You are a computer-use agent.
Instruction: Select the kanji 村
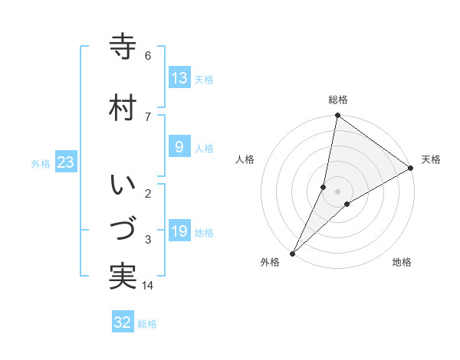pyautogui.click(x=123, y=107)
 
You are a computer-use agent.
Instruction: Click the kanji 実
pyautogui.click(x=123, y=276)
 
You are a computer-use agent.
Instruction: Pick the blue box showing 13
pyautogui.click(x=179, y=78)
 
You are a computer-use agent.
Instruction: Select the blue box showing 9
pyautogui.click(x=179, y=148)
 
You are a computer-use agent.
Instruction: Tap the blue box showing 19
pyautogui.click(x=179, y=231)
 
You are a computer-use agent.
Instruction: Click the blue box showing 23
pyautogui.click(x=65, y=162)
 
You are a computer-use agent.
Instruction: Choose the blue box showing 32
pyautogui.click(x=123, y=322)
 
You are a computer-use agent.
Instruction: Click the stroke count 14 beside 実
pyautogui.click(x=148, y=286)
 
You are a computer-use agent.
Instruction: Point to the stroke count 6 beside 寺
pyautogui.click(x=148, y=55)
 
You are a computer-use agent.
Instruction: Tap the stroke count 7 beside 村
pyautogui.click(x=148, y=116)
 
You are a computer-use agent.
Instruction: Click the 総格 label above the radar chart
pyautogui.click(x=337, y=100)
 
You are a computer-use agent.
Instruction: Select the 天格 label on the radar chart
pyautogui.click(x=431, y=159)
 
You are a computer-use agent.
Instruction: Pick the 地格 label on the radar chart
pyautogui.click(x=402, y=262)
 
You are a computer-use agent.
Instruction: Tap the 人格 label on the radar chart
pyautogui.click(x=245, y=159)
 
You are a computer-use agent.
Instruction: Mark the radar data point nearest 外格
pyautogui.click(x=292, y=253)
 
